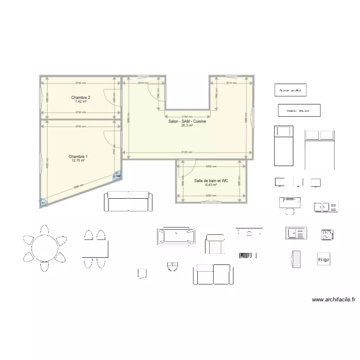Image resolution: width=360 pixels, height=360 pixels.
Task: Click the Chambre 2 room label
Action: pyautogui.click(x=81, y=97)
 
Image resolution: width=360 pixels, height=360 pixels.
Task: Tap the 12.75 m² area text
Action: pyautogui.click(x=78, y=161)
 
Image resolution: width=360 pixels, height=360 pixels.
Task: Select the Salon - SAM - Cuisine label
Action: pyautogui.click(x=187, y=121)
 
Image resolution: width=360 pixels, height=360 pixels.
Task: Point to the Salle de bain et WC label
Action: pyautogui.click(x=211, y=181)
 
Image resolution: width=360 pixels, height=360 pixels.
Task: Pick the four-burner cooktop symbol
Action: pyautogui.click(x=327, y=235)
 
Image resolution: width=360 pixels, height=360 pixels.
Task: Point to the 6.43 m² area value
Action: pyautogui.click(x=211, y=185)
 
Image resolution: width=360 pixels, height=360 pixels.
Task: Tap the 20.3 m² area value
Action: pyautogui.click(x=187, y=126)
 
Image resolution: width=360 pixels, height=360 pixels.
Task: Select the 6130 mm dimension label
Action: pyautogui.click(x=188, y=153)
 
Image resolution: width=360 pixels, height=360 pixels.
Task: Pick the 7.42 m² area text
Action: pyautogui.click(x=81, y=101)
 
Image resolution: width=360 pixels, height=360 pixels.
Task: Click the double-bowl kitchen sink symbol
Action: pyautogui.click(x=326, y=207)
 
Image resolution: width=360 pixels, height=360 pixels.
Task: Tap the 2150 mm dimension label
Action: pyautogui.click(x=187, y=117)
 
